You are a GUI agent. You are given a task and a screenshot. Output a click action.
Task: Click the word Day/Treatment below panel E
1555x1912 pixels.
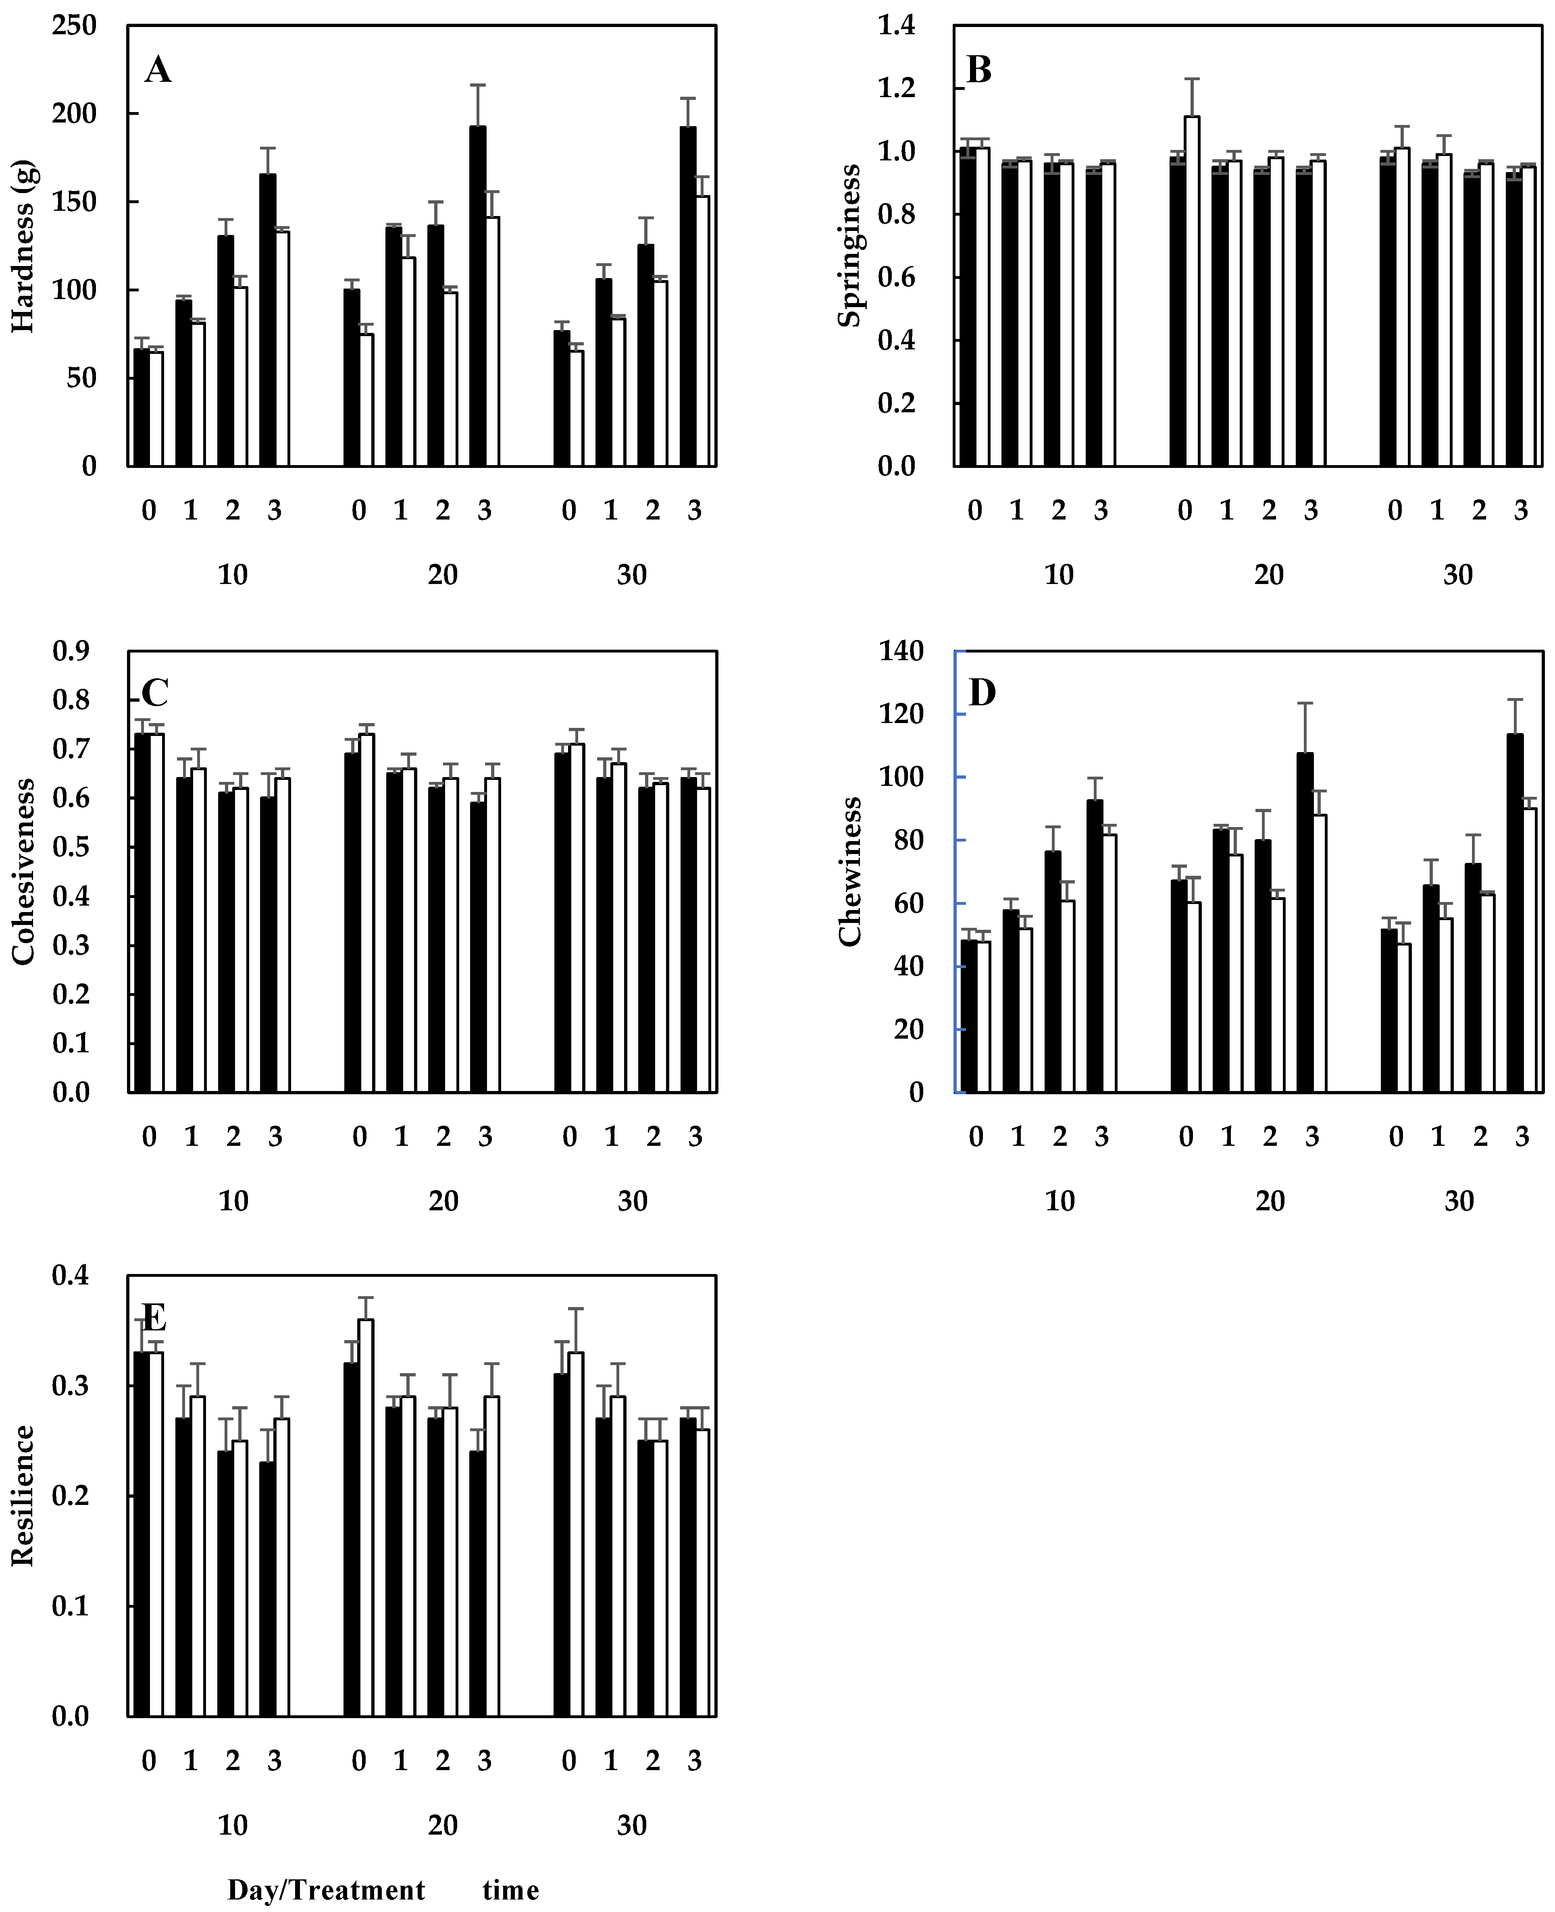coord(326,1889)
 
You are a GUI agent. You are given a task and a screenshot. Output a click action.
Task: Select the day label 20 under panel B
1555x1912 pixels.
coord(1268,575)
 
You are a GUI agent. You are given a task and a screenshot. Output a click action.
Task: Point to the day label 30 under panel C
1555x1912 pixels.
coord(633,1200)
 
